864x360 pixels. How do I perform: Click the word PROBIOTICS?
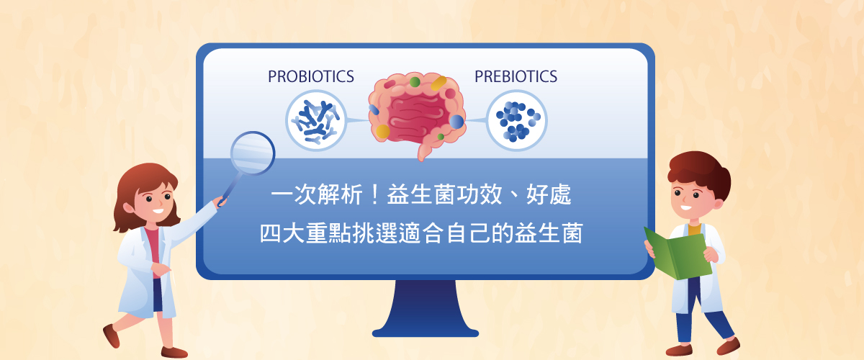tap(311, 76)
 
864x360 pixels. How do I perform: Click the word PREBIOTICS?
tap(516, 76)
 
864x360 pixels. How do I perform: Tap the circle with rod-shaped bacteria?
tap(316, 120)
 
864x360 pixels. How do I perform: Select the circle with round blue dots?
tap(516, 120)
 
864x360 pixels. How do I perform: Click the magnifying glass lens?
tap(253, 153)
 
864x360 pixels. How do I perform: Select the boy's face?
tap(693, 199)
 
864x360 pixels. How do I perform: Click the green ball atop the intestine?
tap(415, 82)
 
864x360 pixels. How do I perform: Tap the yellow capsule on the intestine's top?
tap(438, 84)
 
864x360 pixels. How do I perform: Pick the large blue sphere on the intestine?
tap(456, 122)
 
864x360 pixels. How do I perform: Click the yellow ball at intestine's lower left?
tap(382, 131)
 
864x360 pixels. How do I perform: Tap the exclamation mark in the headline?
tap(374, 194)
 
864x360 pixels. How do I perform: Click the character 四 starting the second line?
tap(271, 233)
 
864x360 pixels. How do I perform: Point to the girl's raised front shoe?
tap(111, 335)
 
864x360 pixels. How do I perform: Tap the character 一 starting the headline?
tap(282, 194)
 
